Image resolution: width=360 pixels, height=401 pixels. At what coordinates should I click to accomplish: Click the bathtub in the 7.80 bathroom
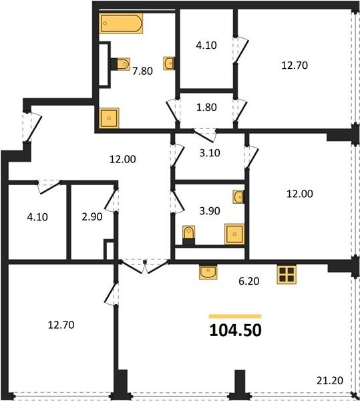(121, 23)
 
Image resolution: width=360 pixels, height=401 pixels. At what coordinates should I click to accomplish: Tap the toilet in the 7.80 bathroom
(120, 63)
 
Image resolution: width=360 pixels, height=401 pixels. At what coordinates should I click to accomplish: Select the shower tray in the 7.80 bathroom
(109, 118)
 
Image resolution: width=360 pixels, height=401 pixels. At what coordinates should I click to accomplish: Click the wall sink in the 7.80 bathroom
(169, 63)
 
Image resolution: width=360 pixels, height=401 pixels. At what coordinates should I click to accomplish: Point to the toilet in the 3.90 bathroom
(189, 235)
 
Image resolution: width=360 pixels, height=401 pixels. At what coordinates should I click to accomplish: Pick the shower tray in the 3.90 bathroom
(234, 234)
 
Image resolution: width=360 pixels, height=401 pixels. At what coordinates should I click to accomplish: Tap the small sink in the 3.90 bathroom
(238, 196)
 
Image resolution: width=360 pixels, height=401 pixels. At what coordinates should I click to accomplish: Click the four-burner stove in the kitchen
(287, 275)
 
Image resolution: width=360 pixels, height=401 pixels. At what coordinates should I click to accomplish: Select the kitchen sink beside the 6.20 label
(208, 272)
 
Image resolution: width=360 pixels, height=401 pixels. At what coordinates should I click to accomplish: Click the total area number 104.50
(235, 330)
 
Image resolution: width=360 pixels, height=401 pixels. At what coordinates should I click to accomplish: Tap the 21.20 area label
(329, 380)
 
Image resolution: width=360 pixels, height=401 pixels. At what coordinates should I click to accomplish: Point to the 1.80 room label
(206, 107)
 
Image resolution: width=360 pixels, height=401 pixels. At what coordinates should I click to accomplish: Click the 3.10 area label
(210, 152)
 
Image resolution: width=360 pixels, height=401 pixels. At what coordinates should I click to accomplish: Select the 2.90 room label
(92, 217)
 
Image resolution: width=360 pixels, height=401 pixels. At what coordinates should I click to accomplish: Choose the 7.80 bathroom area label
(142, 71)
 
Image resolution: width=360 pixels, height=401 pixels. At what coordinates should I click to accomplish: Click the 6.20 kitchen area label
(249, 281)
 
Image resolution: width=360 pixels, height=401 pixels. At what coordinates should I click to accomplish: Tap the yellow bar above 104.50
(235, 316)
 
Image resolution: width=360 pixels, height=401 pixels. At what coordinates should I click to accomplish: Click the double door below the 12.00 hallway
(145, 267)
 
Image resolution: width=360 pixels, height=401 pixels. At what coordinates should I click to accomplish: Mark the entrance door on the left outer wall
(31, 127)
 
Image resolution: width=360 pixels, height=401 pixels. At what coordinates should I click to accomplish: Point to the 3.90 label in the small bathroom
(210, 211)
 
